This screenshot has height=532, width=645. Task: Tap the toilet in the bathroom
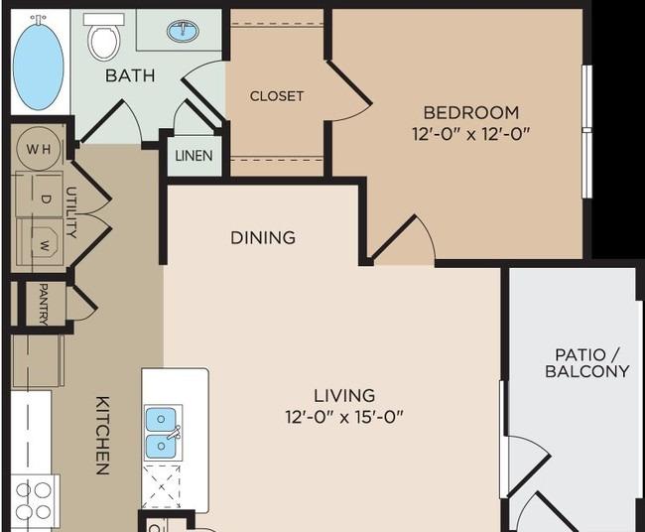click(104, 37)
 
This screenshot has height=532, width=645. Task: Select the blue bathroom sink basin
click(183, 31)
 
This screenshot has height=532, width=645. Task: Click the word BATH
click(130, 75)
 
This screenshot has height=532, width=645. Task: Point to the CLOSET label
click(277, 96)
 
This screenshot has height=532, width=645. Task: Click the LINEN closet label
click(193, 156)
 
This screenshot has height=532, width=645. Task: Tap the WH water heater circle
click(39, 149)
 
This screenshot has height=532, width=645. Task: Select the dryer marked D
click(39, 195)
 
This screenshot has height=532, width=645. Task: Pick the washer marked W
click(40, 242)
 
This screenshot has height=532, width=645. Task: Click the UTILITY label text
click(71, 212)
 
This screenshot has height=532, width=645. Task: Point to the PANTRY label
click(44, 304)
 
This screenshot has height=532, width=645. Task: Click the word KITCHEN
click(102, 436)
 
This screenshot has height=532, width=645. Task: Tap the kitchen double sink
click(163, 433)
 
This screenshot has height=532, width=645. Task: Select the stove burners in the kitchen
click(34, 501)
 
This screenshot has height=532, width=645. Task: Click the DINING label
click(263, 238)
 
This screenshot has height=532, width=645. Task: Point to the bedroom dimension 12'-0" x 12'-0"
click(470, 134)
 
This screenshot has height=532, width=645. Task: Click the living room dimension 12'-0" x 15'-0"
click(344, 417)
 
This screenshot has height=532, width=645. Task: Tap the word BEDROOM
click(471, 113)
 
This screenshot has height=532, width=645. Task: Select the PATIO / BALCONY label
click(587, 363)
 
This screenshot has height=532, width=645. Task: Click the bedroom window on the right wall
click(587, 132)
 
